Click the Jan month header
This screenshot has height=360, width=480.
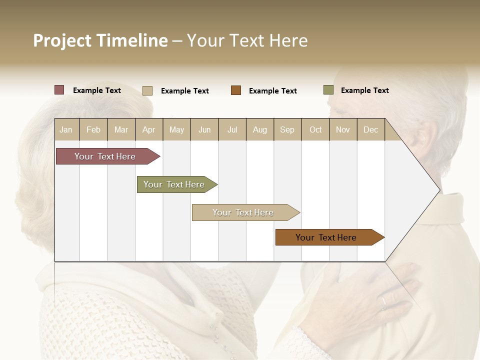pyautogui.click(x=66, y=130)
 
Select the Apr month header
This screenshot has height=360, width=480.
pyautogui.click(x=149, y=130)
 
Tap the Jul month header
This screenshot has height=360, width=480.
pyautogui.click(x=232, y=130)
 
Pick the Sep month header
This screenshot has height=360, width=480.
pyautogui.click(x=287, y=130)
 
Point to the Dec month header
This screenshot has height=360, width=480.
pyautogui.click(x=370, y=130)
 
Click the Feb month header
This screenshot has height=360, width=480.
pyautogui.click(x=93, y=130)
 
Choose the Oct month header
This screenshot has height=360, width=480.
pyautogui.click(x=315, y=130)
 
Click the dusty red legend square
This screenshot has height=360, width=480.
pyautogui.click(x=59, y=90)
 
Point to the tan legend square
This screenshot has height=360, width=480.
pyautogui.click(x=147, y=90)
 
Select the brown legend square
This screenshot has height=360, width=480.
pyautogui.click(x=236, y=90)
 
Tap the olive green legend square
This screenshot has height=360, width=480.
pyautogui.click(x=328, y=90)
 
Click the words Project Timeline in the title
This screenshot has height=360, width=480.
pyautogui.click(x=100, y=40)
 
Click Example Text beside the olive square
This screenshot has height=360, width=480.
pyautogui.click(x=364, y=90)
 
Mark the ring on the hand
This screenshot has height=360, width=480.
pyautogui.click(x=383, y=302)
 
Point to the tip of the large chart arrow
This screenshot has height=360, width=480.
pyautogui.click(x=439, y=190)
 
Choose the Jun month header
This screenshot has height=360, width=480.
pyautogui.click(x=204, y=130)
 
